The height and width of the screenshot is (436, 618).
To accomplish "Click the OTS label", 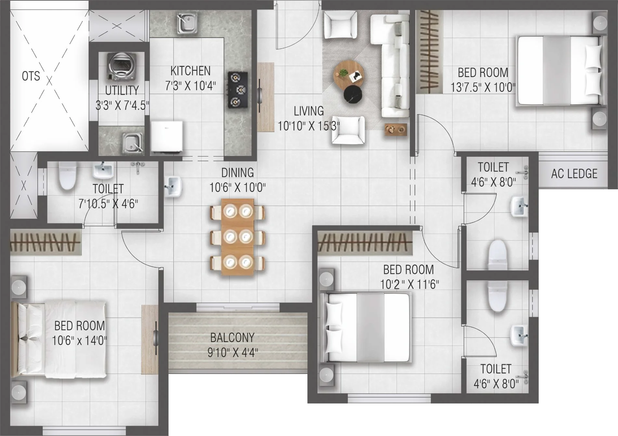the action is [x=31, y=76].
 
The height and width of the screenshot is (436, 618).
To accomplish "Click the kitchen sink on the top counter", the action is [x=187, y=23].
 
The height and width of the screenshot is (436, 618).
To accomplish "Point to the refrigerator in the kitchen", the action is [x=167, y=136].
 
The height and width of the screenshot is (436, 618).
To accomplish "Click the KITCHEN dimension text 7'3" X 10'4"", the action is [x=190, y=86].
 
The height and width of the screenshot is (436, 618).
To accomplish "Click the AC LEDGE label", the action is [x=574, y=174].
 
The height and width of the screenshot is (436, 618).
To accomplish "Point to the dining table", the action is [x=238, y=237].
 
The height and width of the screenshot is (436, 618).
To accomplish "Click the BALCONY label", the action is [x=232, y=338].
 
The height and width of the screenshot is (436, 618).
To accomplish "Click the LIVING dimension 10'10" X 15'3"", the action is [x=309, y=126].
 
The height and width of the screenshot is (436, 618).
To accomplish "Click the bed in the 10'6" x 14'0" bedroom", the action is [x=58, y=340].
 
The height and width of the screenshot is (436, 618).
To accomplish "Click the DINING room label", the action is [x=238, y=173].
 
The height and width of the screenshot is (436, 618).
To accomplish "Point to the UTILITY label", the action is [x=122, y=90].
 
